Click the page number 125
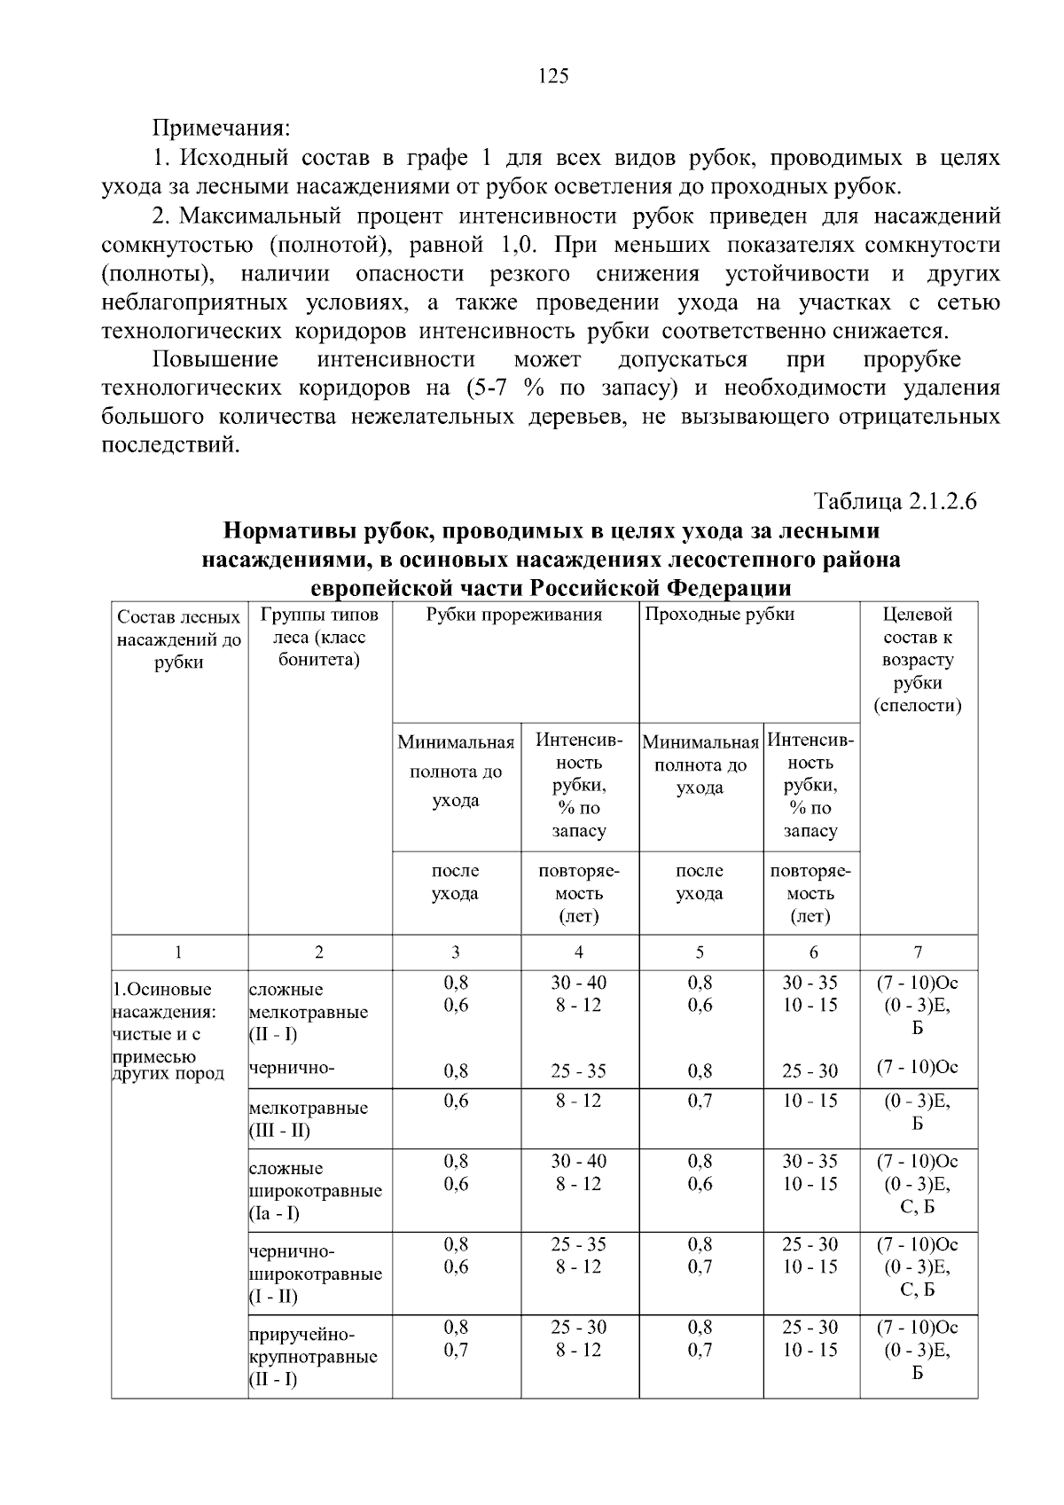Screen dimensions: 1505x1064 (x=553, y=76)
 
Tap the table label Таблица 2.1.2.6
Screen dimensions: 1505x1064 (x=895, y=501)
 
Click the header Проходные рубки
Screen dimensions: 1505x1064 (x=719, y=615)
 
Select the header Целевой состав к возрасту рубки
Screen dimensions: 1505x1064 (x=918, y=660)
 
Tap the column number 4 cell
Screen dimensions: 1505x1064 (x=579, y=952)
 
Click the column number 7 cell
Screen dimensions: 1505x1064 (x=918, y=952)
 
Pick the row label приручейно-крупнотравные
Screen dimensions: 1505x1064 (x=313, y=1357)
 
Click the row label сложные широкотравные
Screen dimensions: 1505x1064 (x=315, y=1190)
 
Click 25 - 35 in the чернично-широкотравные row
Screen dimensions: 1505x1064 (x=578, y=1244)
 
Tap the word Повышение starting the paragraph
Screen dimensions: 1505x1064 (x=215, y=360)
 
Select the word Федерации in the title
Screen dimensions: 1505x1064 (x=727, y=589)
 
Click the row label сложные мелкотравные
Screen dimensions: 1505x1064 (x=308, y=1012)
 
